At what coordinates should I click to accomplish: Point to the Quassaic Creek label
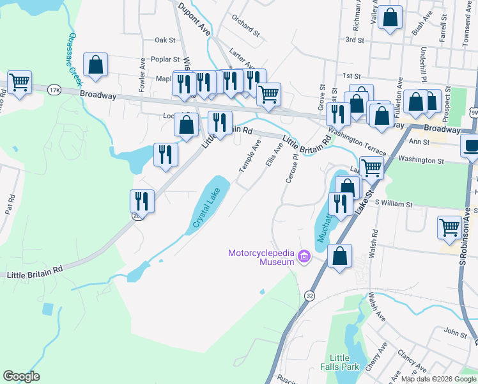point(75,60)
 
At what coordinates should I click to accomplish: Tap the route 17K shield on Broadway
point(54,90)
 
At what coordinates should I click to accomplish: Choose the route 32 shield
point(310,295)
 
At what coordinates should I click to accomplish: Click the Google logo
point(21,376)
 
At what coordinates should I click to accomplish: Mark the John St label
point(456,333)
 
